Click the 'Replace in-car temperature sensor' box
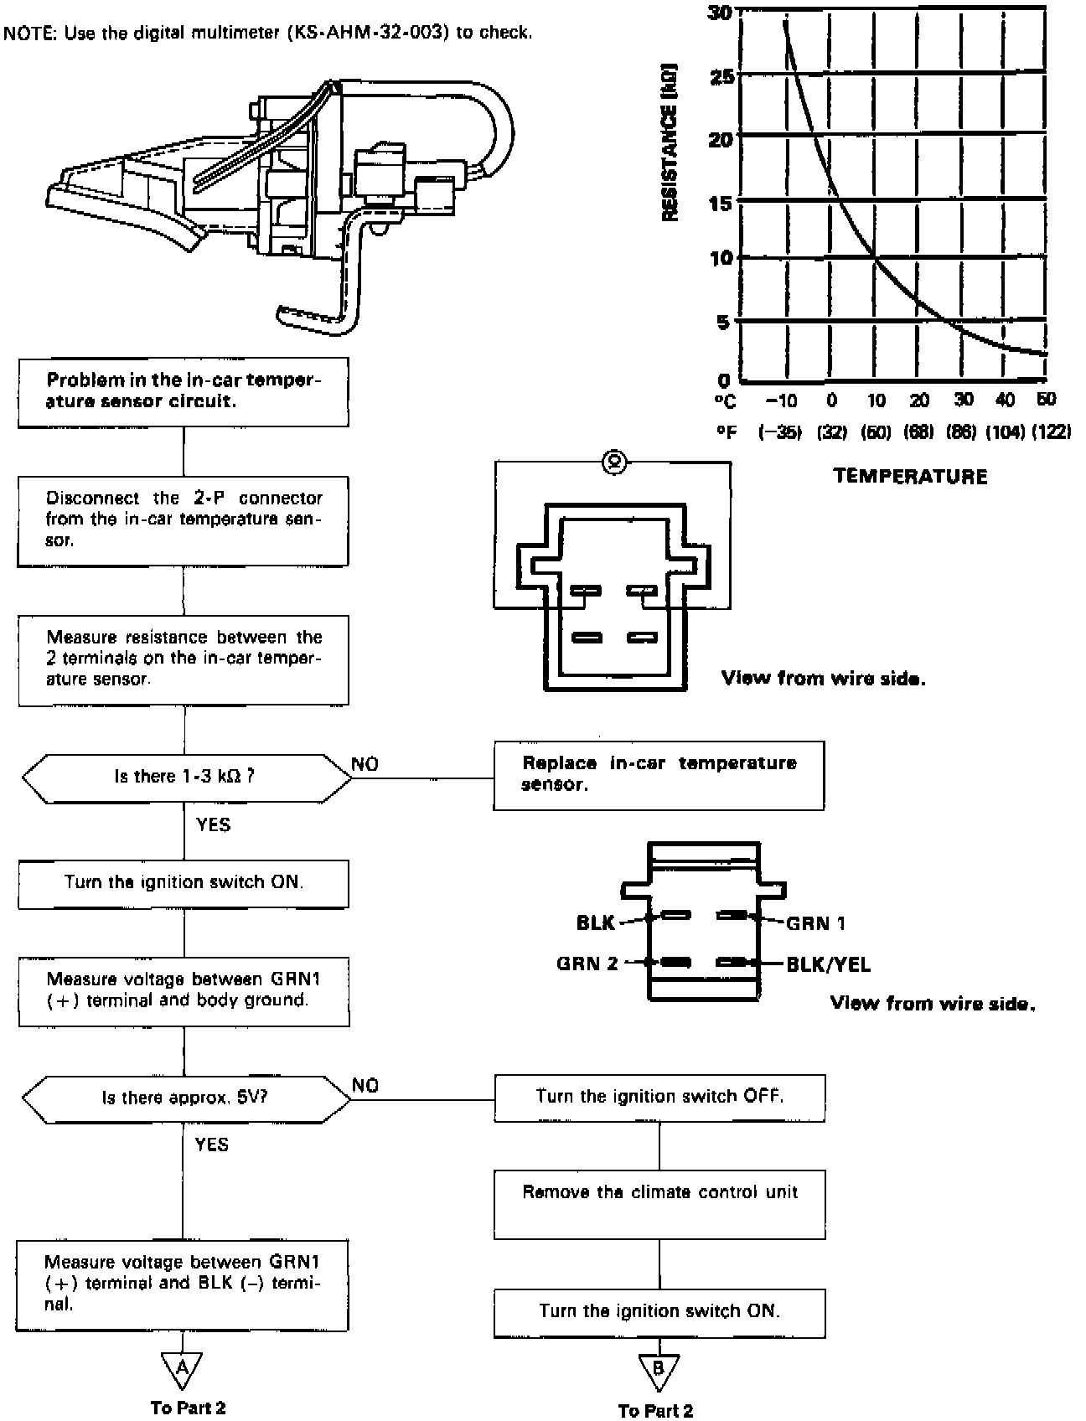(x=658, y=775)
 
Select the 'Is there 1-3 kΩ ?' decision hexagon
(x=186, y=777)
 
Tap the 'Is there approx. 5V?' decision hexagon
(x=186, y=1098)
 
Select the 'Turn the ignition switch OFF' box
(x=659, y=1098)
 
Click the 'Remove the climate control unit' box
(x=659, y=1204)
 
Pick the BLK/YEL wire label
(x=828, y=965)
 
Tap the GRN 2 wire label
(x=587, y=964)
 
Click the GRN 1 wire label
(x=815, y=923)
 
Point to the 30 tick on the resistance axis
(x=720, y=13)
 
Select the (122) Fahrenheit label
(x=1051, y=432)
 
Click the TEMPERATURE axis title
(x=910, y=477)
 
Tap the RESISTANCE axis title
(x=670, y=142)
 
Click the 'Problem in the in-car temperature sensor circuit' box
(x=184, y=392)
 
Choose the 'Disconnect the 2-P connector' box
(x=184, y=520)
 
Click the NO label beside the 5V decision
(x=365, y=1086)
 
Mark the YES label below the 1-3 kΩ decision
(x=213, y=825)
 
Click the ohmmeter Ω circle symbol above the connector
(x=613, y=461)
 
